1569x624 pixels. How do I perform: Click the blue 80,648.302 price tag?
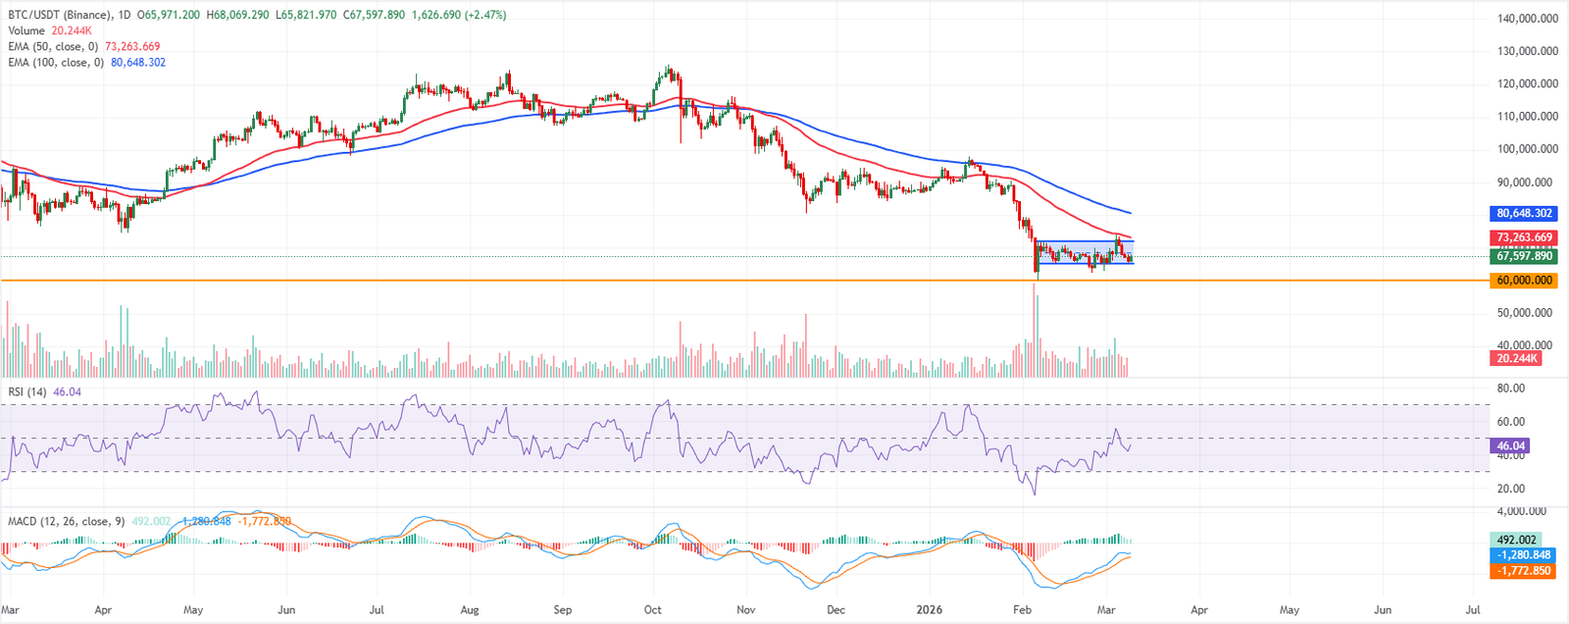point(1524,213)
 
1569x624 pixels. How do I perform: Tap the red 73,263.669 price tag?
point(1524,237)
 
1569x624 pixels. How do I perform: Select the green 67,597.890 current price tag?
point(1524,256)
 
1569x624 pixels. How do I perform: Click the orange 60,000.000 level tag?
point(1524,281)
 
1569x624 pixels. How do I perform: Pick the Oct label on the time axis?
point(652,609)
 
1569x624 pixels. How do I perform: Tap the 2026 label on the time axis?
point(929,609)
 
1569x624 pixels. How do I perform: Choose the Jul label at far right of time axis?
point(1472,609)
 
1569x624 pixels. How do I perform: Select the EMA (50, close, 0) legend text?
point(53,47)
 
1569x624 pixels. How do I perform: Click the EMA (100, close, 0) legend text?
point(56,63)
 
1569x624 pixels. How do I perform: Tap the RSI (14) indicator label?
point(27,392)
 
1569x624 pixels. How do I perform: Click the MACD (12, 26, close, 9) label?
point(67,521)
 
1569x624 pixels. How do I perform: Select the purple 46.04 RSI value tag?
point(1508,446)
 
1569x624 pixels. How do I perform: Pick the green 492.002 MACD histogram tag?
point(1516,540)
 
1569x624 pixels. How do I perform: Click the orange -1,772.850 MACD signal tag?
point(1522,570)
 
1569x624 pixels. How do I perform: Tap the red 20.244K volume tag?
point(1516,358)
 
